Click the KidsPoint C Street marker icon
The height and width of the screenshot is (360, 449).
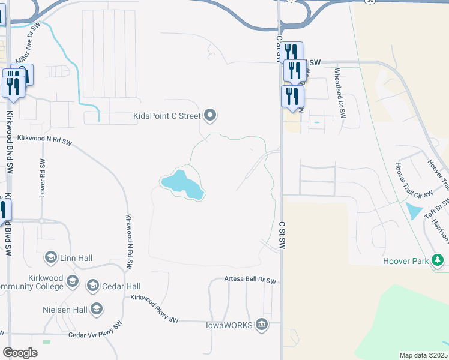pyautogui.click(x=210, y=115)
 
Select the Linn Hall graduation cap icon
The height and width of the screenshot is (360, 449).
pyautogui.click(x=51, y=258)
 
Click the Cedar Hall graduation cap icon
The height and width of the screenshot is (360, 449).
pyautogui.click(x=93, y=285)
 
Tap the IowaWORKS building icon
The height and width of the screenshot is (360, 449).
pyautogui.click(x=261, y=325)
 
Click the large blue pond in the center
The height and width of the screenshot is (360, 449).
pyautogui.click(x=182, y=184)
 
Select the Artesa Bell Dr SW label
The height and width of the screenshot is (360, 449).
pyautogui.click(x=250, y=280)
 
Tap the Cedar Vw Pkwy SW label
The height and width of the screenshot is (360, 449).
pyautogui.click(x=95, y=331)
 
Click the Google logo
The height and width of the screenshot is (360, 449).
pyautogui.click(x=20, y=352)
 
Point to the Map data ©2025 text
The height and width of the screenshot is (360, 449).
pyautogui.click(x=423, y=355)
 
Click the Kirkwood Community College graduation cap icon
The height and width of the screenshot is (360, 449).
pyautogui.click(x=73, y=281)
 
